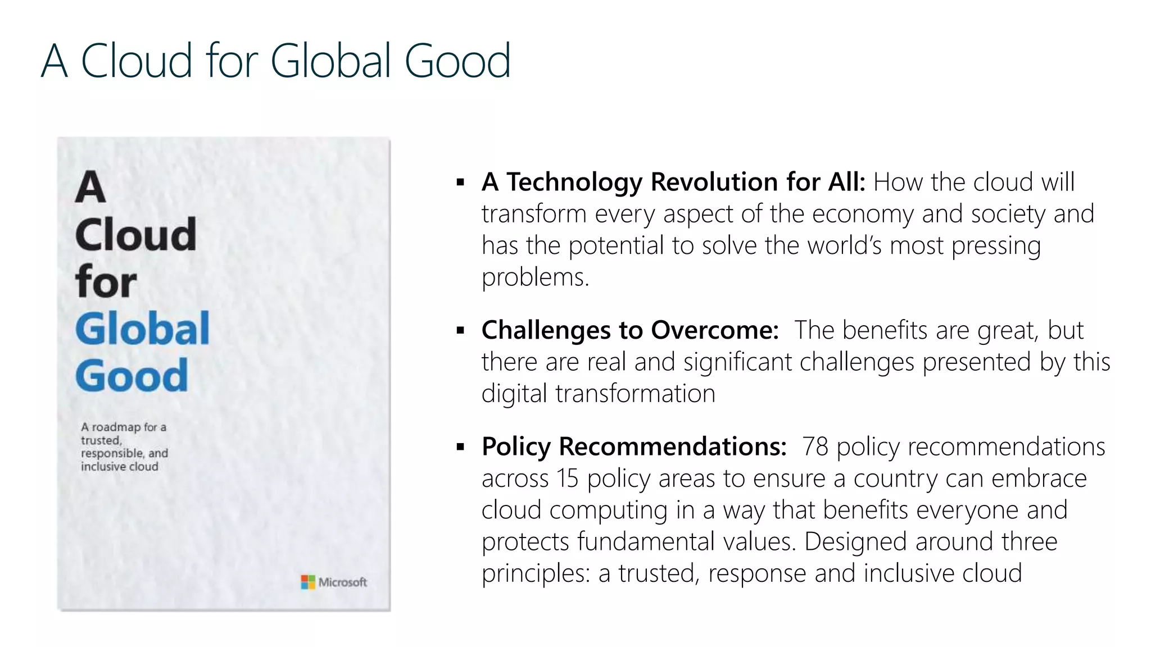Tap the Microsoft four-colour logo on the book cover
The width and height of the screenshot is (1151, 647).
click(308, 582)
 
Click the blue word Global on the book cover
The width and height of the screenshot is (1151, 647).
click(142, 329)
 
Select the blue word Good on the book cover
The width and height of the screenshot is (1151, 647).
click(132, 376)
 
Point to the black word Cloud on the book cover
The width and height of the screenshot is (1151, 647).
click(135, 235)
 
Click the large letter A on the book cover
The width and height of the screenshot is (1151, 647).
click(90, 188)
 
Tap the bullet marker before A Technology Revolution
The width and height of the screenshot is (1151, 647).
click(461, 183)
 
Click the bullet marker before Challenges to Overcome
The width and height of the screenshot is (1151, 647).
click(461, 330)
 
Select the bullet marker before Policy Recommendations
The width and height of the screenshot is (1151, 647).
click(461, 447)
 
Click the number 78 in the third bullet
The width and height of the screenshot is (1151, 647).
click(815, 447)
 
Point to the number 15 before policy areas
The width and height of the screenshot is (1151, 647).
click(567, 479)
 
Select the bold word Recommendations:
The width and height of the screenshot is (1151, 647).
click(673, 447)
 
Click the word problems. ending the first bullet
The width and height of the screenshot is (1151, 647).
click(535, 277)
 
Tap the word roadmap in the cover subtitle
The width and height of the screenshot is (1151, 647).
click(116, 427)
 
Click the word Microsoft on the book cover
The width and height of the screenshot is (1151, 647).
click(342, 582)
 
